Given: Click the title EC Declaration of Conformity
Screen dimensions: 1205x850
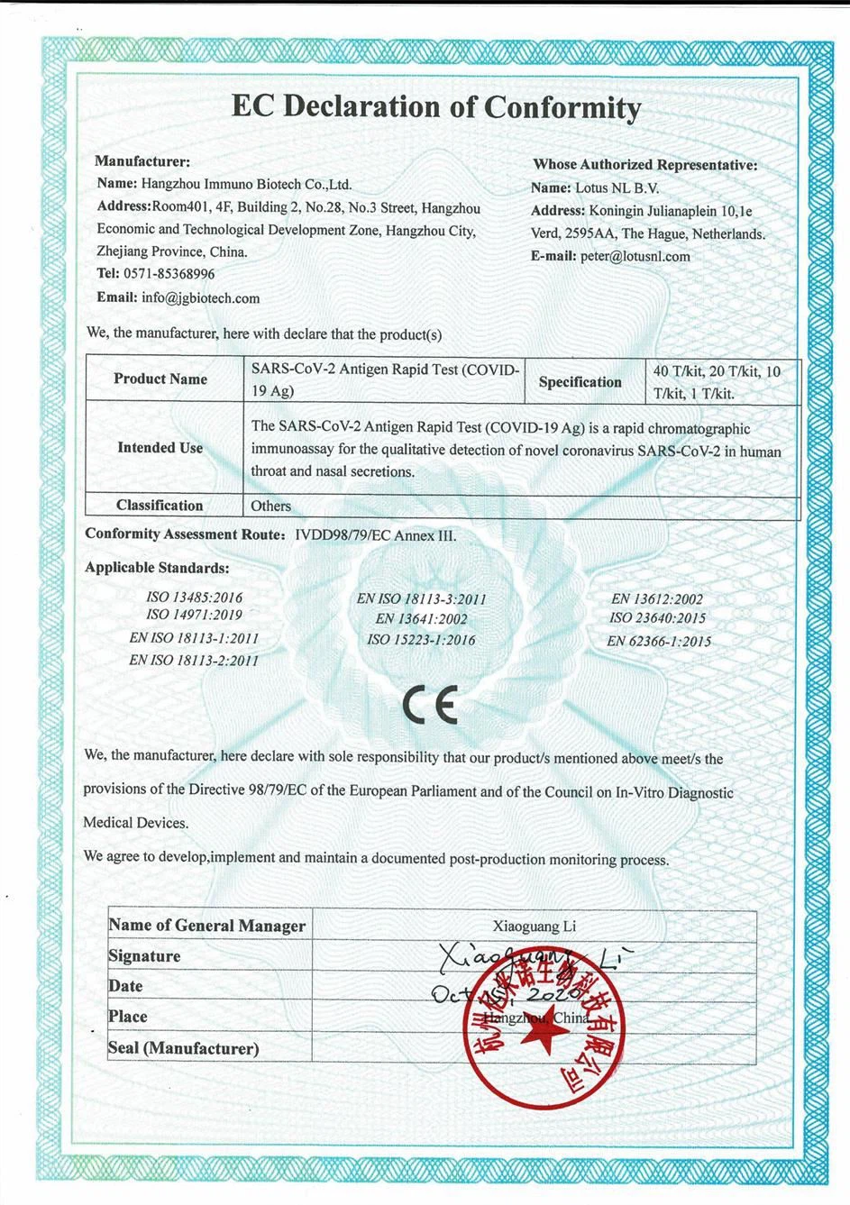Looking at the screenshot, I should [x=436, y=107].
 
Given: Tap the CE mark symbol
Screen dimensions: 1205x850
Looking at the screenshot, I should [x=431, y=705].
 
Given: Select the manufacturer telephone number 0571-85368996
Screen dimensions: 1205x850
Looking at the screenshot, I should [x=169, y=274].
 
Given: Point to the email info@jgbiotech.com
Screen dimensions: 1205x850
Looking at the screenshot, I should [x=200, y=298].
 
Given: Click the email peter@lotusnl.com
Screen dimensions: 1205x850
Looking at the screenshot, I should [x=635, y=256].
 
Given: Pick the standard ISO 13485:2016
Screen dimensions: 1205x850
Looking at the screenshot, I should [x=194, y=598].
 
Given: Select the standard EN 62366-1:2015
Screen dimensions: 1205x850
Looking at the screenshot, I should [x=659, y=642].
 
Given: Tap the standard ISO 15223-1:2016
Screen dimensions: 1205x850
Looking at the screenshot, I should [x=421, y=640].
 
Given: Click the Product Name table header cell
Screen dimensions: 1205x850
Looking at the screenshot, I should [x=160, y=379].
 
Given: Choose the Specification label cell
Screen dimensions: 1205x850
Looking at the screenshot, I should [x=580, y=382].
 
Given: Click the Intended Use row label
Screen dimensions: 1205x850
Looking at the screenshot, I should [x=160, y=448].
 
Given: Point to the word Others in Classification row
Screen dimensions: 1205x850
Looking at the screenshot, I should [x=271, y=507].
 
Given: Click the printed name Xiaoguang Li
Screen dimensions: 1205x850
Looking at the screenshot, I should [x=535, y=927].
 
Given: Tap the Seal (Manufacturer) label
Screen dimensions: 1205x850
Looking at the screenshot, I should [x=183, y=1048].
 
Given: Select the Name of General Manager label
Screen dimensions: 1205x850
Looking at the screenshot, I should [x=206, y=926].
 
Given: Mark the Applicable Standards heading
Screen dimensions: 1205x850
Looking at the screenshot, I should [x=157, y=569].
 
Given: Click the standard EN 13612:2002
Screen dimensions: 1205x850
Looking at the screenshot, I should [x=657, y=598].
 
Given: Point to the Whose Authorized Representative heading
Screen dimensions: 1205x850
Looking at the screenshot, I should [x=644, y=165].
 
